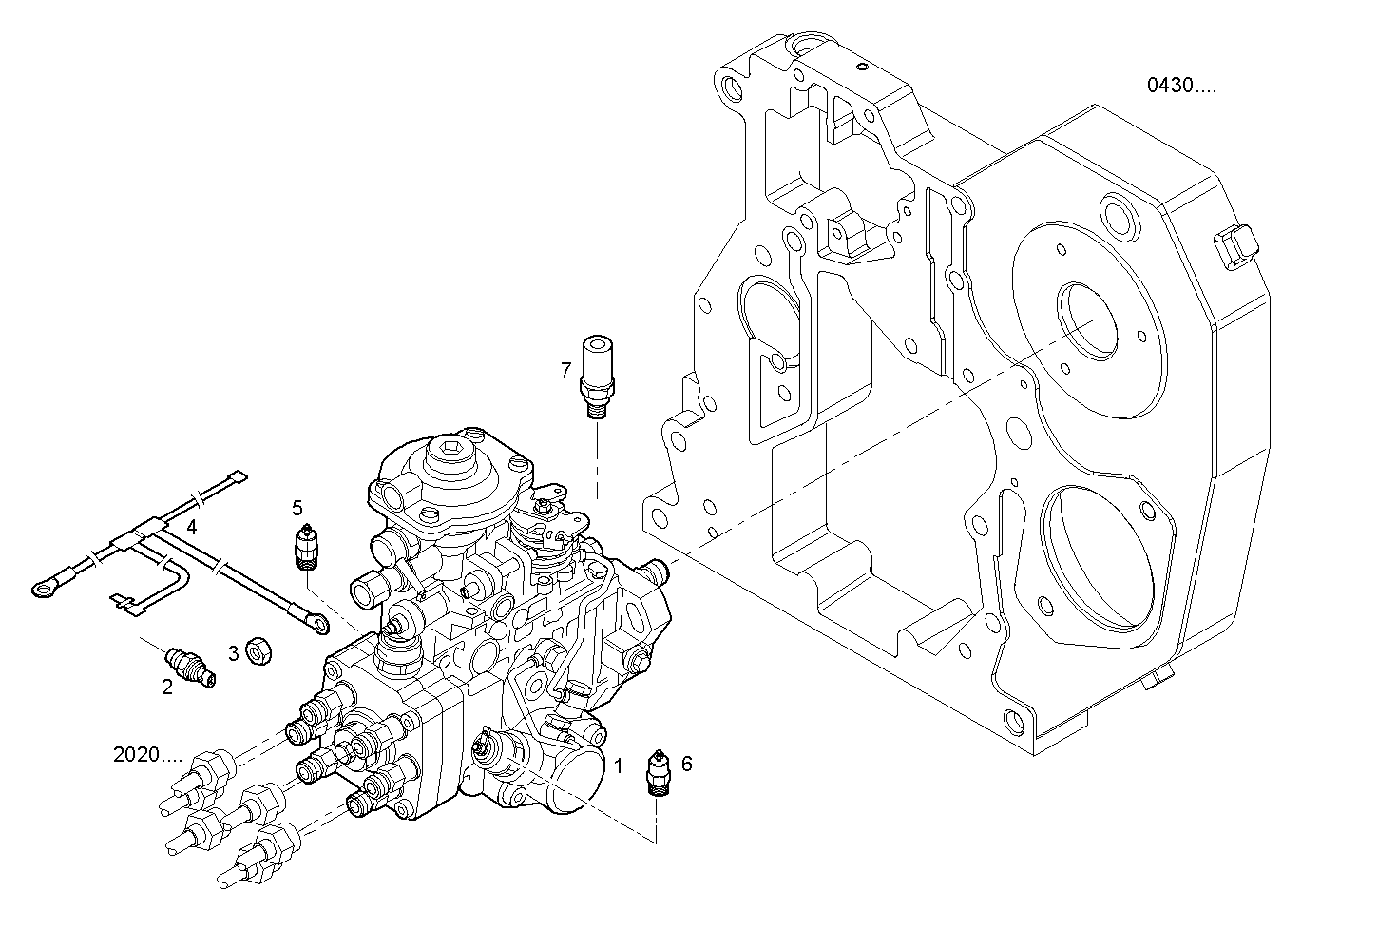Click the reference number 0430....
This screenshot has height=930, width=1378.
[x=1180, y=86]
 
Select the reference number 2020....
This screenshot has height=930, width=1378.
[x=147, y=755]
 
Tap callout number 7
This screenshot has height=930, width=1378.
[x=565, y=369]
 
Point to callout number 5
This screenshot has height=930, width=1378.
[x=297, y=507]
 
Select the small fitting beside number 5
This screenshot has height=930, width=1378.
[x=307, y=548]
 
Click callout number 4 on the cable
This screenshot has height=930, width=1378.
[x=192, y=526]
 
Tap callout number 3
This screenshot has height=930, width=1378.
[x=233, y=653]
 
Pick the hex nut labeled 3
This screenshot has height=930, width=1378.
[x=256, y=651]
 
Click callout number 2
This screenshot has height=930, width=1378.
[x=167, y=687]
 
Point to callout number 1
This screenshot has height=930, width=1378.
[x=617, y=764]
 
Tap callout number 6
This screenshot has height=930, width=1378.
[x=687, y=763]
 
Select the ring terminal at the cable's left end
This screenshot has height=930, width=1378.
[x=43, y=590]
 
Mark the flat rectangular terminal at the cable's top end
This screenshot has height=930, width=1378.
[x=238, y=479]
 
